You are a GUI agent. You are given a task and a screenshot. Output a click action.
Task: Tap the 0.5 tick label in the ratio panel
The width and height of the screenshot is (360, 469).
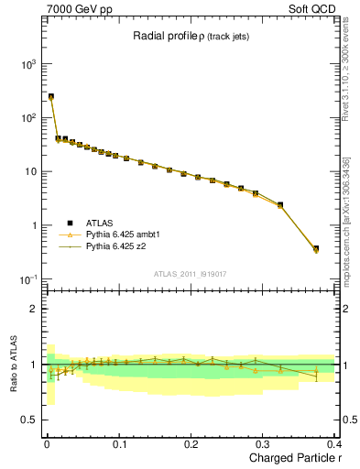tap(29, 420)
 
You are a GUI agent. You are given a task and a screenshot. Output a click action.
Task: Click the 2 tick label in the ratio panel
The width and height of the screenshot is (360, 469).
tap(33, 309)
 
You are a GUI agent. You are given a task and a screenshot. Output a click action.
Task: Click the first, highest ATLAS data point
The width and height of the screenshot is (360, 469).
tap(51, 96)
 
